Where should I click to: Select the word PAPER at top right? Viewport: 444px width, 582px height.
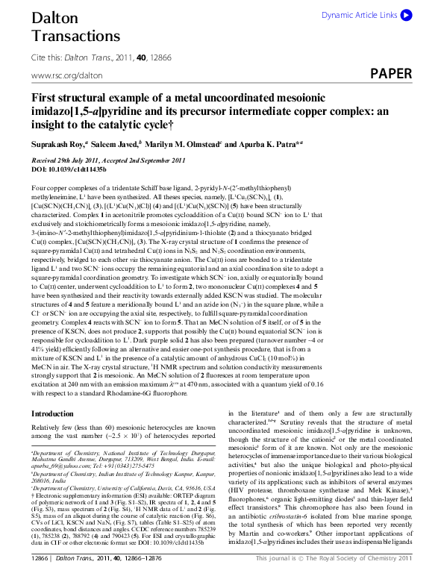390,74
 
